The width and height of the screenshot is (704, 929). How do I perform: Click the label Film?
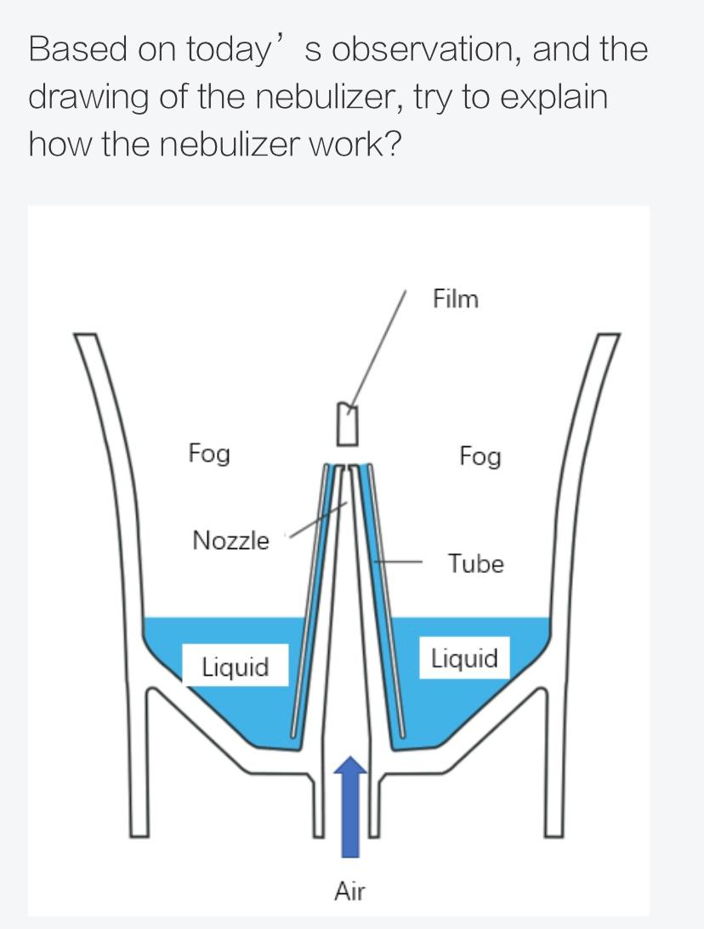456,299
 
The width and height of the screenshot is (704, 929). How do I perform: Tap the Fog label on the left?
209,454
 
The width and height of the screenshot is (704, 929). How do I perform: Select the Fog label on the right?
480,457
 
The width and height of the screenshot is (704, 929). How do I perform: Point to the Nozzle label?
230,541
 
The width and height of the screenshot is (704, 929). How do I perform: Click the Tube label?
476,564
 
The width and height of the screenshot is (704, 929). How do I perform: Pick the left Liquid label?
235,666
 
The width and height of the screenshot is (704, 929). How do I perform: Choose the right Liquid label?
464,659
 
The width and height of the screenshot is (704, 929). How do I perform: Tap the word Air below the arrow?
349,892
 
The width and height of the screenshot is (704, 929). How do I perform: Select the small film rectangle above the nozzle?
344,423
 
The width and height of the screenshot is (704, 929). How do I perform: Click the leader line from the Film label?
378,348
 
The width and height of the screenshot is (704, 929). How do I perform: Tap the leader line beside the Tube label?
400,562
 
